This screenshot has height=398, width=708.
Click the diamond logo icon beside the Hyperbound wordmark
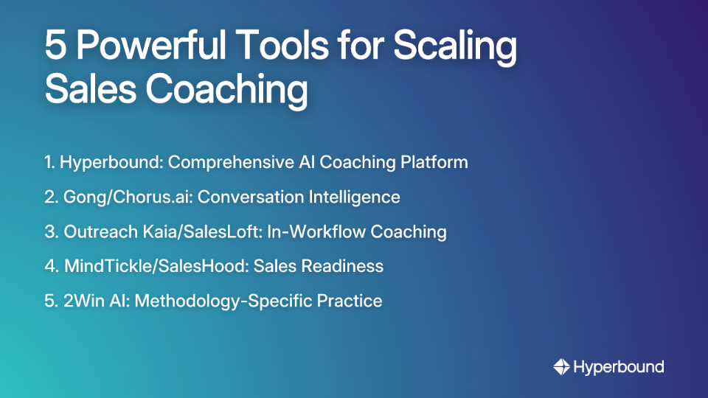[561, 366]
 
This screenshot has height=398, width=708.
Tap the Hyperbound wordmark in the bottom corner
[618, 366]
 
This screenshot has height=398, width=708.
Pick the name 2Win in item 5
[81, 301]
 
